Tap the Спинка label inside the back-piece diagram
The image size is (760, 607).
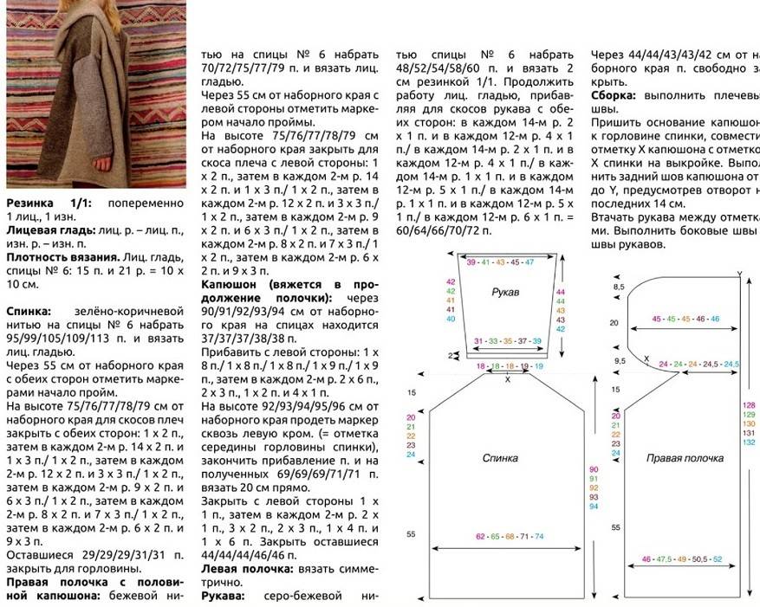[x=500, y=456]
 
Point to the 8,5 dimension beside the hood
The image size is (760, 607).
[x=619, y=286]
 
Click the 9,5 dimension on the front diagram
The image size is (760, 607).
[x=619, y=360]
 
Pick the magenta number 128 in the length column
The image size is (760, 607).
[x=749, y=405]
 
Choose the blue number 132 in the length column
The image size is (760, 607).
[x=749, y=442]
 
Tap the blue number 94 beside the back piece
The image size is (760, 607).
[x=594, y=506]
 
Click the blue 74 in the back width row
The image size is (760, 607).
[x=538, y=537]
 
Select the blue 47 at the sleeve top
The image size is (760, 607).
[x=529, y=262]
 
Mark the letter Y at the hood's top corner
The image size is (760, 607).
[x=739, y=274]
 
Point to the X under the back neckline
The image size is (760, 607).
[x=508, y=379]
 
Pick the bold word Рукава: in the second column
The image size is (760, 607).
[x=223, y=597]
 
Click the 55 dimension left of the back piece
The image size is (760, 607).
[x=411, y=533]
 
